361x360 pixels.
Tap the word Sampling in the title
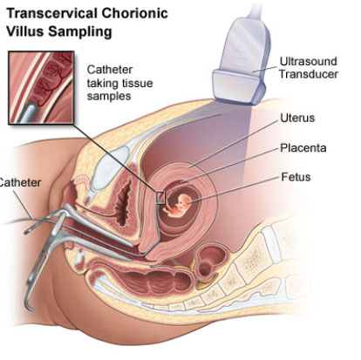pos(80,31)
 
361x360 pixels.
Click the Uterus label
pos(297,118)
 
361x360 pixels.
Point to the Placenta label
pos(303,148)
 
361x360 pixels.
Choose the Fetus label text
pos(296,177)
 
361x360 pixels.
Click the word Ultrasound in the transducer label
pos(309,61)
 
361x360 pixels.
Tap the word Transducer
pos(309,74)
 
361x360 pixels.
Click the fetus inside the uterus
pos(178,206)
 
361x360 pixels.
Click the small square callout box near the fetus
pos(160,198)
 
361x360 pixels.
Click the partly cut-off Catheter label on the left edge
pos(20,183)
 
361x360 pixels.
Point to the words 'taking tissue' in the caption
pos(119,83)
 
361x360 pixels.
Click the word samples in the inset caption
pos(109,96)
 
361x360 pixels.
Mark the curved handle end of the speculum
pos(29,302)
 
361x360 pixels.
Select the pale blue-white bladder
pos(110,169)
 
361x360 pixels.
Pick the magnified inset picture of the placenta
pos(41,87)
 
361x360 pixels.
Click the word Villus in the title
pos(25,31)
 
